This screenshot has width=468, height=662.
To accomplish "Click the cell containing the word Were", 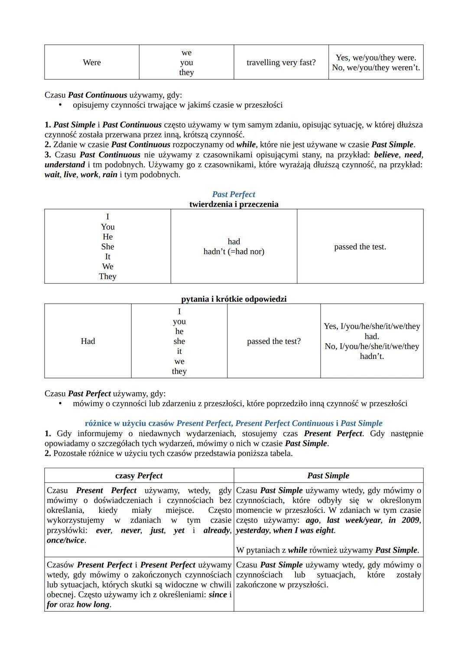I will [91, 62].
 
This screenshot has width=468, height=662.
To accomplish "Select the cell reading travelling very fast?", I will [281, 62].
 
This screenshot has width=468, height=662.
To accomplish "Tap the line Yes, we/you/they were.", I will [376, 58].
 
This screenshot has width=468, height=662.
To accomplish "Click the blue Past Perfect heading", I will [234, 194].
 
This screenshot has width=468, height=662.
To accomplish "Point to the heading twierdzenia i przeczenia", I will [234, 204].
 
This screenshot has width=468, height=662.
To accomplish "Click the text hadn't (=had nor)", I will [234, 251].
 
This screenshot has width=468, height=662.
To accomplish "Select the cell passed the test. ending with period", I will [360, 247].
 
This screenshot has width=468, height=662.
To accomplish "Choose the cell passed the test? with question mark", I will [273, 341].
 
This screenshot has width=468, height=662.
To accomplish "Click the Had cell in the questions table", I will [88, 341].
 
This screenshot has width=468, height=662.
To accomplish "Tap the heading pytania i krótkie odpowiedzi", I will [234, 299].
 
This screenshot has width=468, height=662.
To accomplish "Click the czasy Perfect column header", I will [139, 476].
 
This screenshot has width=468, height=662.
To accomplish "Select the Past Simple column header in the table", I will [328, 476].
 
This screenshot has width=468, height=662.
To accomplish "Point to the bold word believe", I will [387, 155].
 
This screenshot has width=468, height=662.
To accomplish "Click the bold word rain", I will [110, 175].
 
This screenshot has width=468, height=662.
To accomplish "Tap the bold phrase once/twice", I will [66, 540].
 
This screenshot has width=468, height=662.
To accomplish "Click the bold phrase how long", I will [93, 604].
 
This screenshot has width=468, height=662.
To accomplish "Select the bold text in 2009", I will [404, 520].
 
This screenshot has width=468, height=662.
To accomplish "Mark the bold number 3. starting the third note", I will [48, 155].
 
